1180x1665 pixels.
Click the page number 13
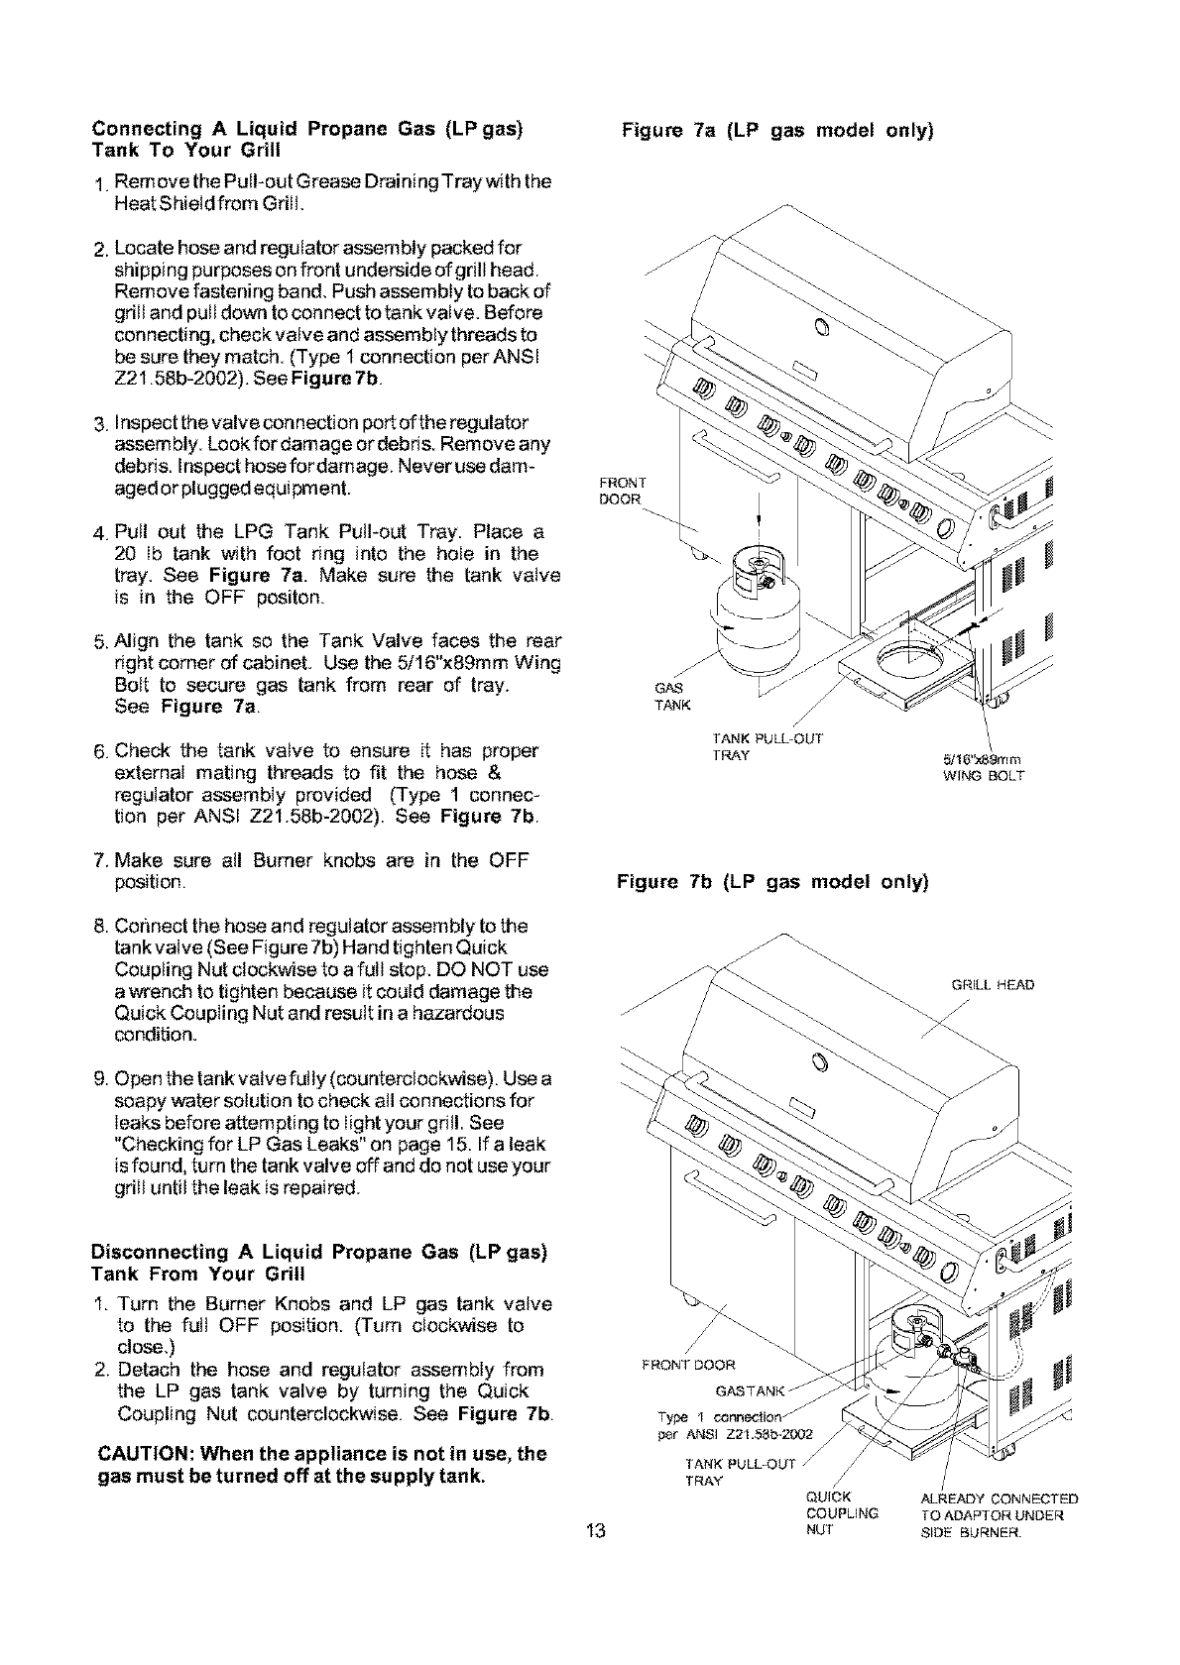point(595,1559)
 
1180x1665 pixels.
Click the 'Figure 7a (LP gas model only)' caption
point(778,130)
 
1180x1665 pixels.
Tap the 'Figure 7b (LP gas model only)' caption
point(772,880)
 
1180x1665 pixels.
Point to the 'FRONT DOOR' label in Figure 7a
point(622,491)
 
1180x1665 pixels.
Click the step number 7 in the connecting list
point(100,859)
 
